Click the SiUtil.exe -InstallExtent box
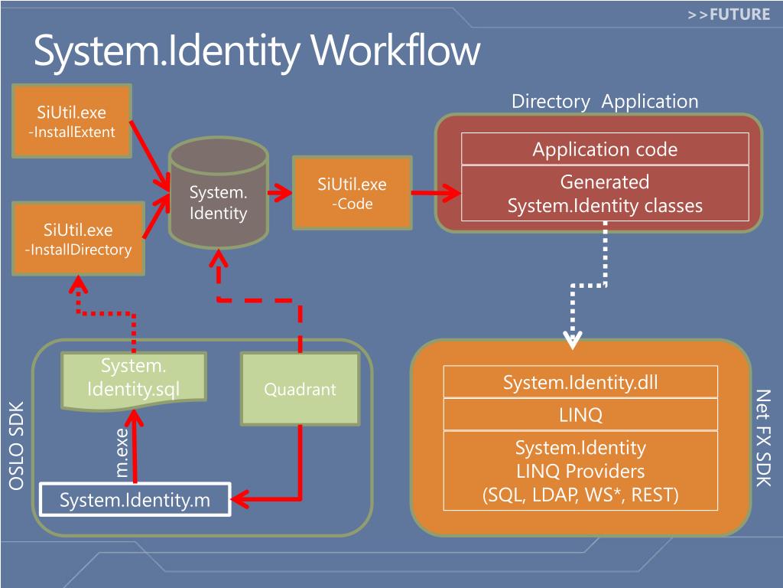[72, 121]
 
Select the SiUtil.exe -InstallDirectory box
[79, 239]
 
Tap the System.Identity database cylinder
[218, 192]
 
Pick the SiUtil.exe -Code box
[352, 193]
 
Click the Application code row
[605, 149]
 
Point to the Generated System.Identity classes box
[605, 194]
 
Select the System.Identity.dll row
[580, 383]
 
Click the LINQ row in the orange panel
[580, 414]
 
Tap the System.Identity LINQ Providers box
[580, 471]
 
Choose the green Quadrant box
[300, 389]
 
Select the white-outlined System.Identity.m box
[135, 499]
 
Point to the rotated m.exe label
[122, 452]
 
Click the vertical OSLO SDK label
[17, 446]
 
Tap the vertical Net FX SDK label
[764, 438]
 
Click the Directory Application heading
[605, 102]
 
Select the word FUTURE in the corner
[739, 14]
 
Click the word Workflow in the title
[395, 51]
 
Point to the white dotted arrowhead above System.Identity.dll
[572, 340]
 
